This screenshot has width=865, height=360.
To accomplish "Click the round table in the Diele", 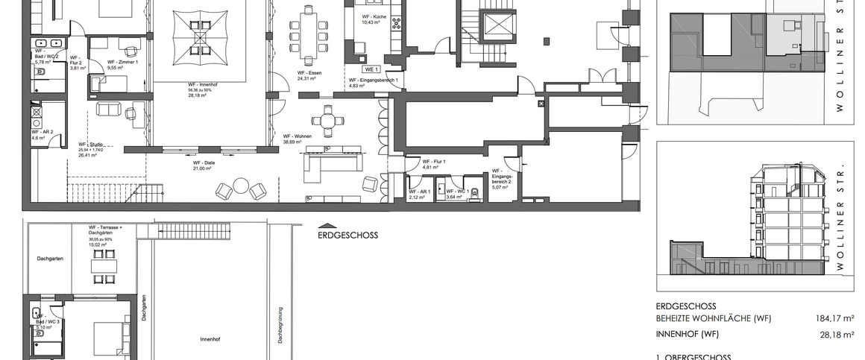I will pyautogui.click(x=241, y=186).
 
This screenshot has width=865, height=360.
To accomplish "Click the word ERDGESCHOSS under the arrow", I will pyautogui.click(x=347, y=235).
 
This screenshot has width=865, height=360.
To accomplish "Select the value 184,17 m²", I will pyautogui.click(x=834, y=319).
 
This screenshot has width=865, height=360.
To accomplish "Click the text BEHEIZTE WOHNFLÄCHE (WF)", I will pyautogui.click(x=713, y=319).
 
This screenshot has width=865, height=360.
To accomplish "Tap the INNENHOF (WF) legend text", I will pyautogui.click(x=687, y=335).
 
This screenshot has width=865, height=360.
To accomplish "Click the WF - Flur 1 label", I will pyautogui.click(x=433, y=162).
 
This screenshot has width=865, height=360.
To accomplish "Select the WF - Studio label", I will pyautogui.click(x=91, y=145).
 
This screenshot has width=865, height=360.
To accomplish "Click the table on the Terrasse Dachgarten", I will pyautogui.click(x=104, y=264).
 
